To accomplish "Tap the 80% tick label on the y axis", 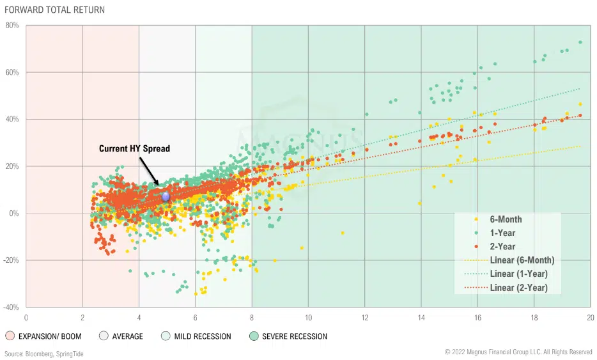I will click(x=13, y=26).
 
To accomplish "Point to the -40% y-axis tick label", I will click(x=12, y=307).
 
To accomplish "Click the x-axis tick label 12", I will click(x=365, y=317).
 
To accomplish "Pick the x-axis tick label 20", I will click(x=590, y=317).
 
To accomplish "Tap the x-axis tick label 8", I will click(x=252, y=317).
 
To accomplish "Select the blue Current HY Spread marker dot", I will click(x=166, y=197).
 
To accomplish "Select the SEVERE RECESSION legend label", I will click(x=294, y=336).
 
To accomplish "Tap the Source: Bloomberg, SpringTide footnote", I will click(x=43, y=353).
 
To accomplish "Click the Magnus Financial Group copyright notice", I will click(x=518, y=352).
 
